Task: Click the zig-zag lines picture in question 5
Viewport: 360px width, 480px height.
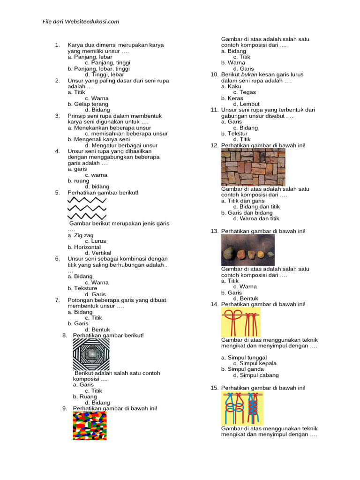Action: pyautogui.click(x=87, y=209)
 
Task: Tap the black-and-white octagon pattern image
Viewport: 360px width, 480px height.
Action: pyautogui.click(x=91, y=354)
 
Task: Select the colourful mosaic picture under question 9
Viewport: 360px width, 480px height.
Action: pyautogui.click(x=90, y=426)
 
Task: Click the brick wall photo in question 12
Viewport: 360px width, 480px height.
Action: pyautogui.click(x=253, y=167)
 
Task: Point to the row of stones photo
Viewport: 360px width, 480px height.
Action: pyautogui.click(x=247, y=250)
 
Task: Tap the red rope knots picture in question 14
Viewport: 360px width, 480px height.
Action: pyautogui.click(x=241, y=322)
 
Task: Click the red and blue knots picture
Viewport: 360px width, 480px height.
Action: pyautogui.click(x=242, y=408)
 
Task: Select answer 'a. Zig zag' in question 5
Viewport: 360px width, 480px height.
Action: pyautogui.click(x=80, y=235)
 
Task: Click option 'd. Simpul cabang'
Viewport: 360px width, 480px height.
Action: pyautogui.click(x=255, y=375)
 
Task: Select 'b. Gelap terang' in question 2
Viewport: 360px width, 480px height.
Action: pyautogui.click(x=88, y=104)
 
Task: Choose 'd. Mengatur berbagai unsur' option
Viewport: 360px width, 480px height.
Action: pyautogui.click(x=121, y=145)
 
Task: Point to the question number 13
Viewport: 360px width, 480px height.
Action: pyautogui.click(x=215, y=231)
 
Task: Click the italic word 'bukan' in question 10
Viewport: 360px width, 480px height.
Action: pyautogui.click(x=247, y=75)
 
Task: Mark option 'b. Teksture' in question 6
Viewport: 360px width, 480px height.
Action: pyautogui.click(x=82, y=288)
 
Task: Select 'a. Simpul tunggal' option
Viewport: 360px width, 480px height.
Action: pyautogui.click(x=244, y=358)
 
